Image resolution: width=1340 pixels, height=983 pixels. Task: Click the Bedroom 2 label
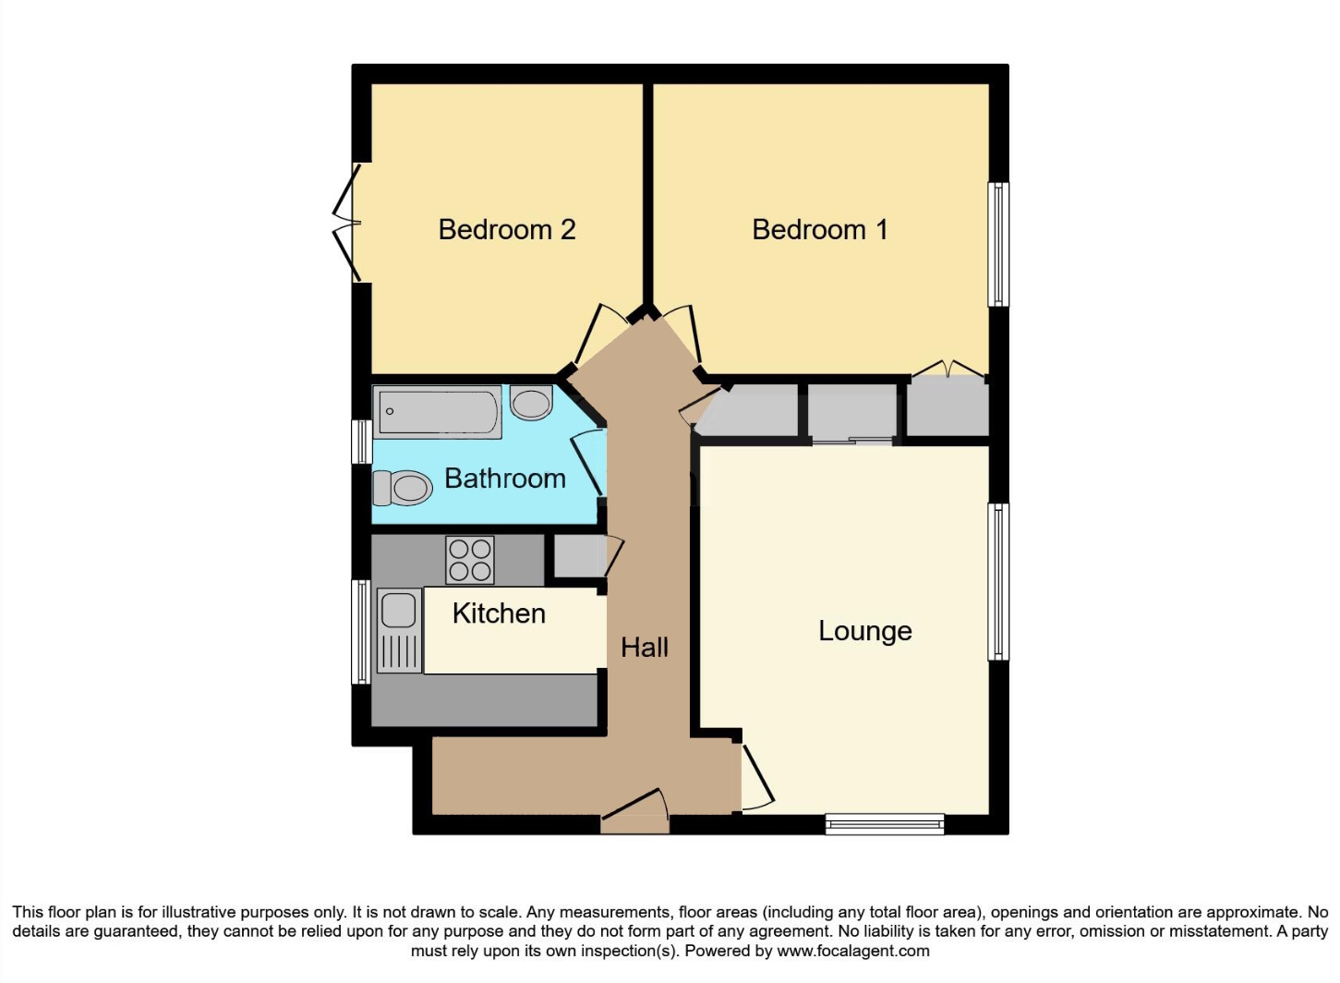[506, 229]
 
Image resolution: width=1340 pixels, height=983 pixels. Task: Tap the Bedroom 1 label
[819, 229]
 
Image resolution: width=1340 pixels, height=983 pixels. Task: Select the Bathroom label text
[504, 479]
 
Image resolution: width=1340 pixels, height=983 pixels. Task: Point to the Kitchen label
[499, 613]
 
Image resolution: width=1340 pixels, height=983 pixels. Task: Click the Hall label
[644, 648]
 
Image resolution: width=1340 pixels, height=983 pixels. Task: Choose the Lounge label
[864, 631]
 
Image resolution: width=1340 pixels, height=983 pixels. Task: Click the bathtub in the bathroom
[438, 412]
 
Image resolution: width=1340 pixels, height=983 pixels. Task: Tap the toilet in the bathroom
[402, 487]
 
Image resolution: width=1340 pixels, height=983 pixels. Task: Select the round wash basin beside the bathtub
[531, 403]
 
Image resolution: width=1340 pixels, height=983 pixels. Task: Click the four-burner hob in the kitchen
[470, 560]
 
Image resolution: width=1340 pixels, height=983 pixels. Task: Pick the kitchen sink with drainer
[398, 631]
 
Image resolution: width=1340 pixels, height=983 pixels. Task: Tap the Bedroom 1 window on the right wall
[997, 244]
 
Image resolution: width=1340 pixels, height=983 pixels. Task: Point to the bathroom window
[361, 442]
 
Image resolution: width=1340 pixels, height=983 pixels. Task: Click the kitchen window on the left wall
[361, 632]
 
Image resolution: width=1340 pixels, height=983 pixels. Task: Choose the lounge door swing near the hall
[756, 777]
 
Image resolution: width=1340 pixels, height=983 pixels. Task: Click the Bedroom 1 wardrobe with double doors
[948, 405]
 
